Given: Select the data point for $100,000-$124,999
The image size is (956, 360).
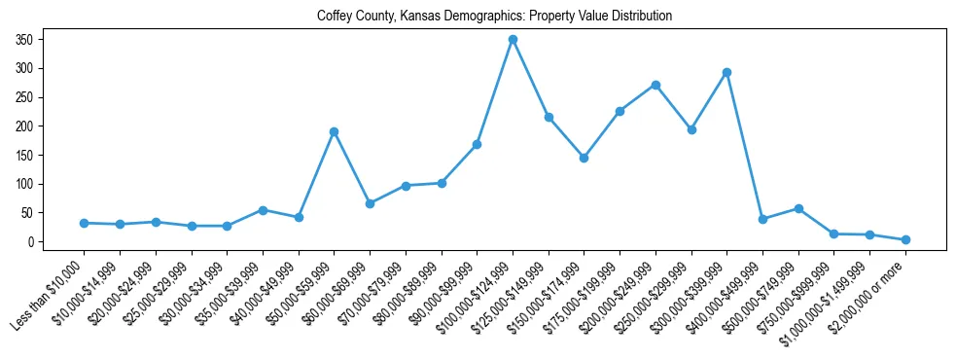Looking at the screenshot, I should (x=513, y=40).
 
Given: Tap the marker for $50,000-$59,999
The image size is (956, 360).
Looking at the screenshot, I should (x=334, y=131).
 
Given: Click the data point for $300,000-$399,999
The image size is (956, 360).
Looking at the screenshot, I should (x=726, y=72).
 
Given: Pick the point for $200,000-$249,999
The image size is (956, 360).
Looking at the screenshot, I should (x=655, y=85).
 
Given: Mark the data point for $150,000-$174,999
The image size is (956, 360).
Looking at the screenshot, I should (x=584, y=158).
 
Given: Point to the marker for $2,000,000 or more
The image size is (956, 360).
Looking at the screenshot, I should (x=905, y=239).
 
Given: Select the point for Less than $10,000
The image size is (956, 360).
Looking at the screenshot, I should (x=84, y=223).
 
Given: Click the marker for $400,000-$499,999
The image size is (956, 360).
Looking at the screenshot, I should (x=762, y=219).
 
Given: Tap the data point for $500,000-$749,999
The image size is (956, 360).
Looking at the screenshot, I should (x=798, y=208).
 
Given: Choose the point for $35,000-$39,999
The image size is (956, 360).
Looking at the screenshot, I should (x=263, y=210).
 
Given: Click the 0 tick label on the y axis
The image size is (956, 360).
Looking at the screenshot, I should (x=31, y=242).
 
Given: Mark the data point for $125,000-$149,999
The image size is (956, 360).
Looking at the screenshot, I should (x=549, y=117).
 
